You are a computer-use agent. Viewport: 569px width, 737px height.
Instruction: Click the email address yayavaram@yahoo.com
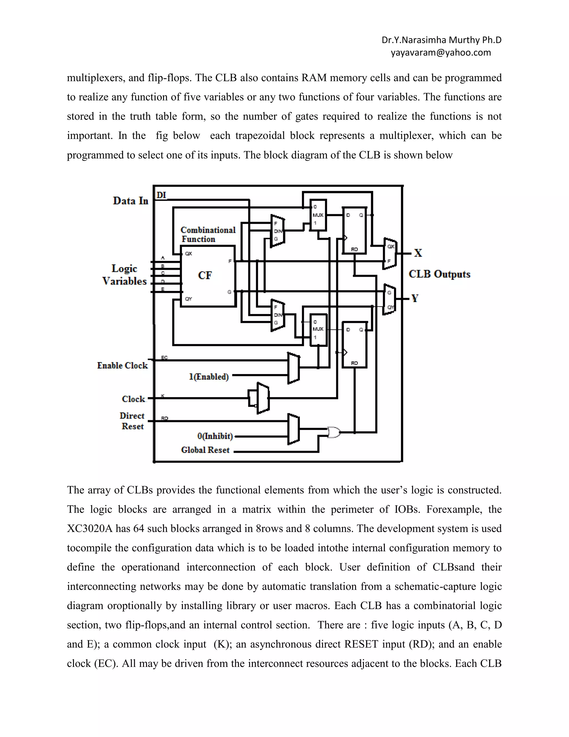click(x=441, y=53)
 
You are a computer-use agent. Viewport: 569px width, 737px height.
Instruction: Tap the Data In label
click(x=131, y=201)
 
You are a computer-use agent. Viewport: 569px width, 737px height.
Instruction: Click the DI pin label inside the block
click(x=161, y=195)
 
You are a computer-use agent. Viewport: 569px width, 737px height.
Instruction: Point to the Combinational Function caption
click(x=207, y=234)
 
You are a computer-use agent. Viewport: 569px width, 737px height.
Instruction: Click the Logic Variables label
click(x=124, y=275)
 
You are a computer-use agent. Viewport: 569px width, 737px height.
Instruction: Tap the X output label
click(x=418, y=253)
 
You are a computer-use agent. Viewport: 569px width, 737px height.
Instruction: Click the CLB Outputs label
click(x=439, y=274)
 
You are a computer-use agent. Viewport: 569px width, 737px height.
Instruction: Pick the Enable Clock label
click(x=122, y=365)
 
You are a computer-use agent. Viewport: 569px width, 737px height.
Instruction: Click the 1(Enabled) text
click(x=209, y=377)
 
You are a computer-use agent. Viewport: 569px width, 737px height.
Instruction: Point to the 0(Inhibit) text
click(x=215, y=436)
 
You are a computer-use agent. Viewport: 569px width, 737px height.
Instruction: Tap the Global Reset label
click(x=205, y=450)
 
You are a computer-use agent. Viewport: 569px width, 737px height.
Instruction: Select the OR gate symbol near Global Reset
click(x=334, y=432)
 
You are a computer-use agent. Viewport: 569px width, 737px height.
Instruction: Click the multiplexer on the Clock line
click(x=262, y=398)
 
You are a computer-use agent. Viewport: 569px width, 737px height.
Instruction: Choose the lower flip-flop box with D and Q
click(x=354, y=345)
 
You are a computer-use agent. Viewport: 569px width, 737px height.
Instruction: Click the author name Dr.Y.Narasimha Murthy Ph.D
click(x=441, y=40)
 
